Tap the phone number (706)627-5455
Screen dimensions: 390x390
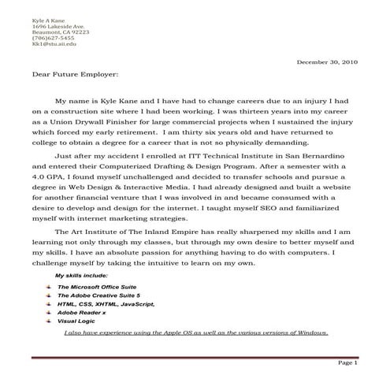click(x=32, y=38)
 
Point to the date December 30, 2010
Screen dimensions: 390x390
click(x=327, y=61)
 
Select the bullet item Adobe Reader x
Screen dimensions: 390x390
click(x=81, y=313)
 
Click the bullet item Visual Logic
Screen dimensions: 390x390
click(x=78, y=321)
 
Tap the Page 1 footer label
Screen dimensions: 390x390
click(x=347, y=363)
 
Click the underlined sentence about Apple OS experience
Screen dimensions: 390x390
click(x=195, y=332)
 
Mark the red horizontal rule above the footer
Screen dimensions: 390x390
click(x=195, y=355)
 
